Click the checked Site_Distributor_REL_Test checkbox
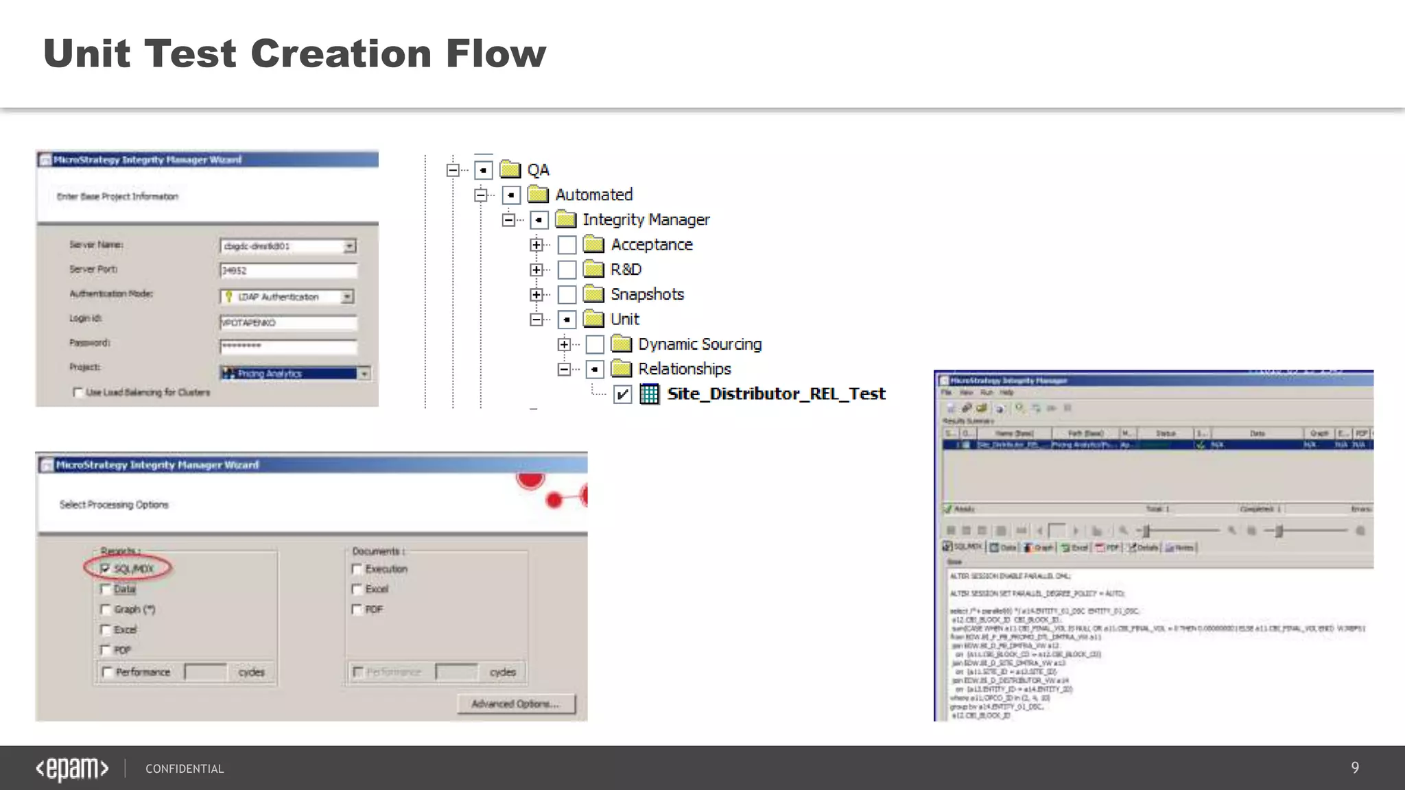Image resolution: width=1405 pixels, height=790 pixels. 622,394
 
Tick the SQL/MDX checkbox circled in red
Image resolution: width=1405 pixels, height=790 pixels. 105,568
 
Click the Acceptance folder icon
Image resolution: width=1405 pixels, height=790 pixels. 593,245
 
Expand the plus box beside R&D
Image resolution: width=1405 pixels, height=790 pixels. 536,270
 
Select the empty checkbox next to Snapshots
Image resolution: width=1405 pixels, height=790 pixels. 567,295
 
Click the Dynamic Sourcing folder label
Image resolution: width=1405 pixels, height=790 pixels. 700,344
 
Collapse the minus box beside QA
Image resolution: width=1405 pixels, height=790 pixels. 453,170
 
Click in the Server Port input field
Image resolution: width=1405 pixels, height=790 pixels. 288,270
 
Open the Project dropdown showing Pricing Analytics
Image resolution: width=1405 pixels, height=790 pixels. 364,374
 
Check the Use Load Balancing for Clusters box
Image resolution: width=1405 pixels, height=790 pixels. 78,392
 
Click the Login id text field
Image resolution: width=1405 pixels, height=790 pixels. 288,322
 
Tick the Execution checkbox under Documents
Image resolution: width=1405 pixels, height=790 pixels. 357,568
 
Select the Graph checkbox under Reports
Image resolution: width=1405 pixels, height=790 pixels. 106,609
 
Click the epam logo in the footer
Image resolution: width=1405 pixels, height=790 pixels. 72,769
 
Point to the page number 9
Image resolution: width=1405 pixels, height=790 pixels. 1355,768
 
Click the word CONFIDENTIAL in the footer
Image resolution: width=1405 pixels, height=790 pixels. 185,769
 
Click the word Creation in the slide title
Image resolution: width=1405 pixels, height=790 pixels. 341,53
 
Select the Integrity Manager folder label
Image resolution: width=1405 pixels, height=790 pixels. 646,220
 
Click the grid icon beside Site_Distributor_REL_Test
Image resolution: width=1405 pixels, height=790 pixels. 649,394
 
